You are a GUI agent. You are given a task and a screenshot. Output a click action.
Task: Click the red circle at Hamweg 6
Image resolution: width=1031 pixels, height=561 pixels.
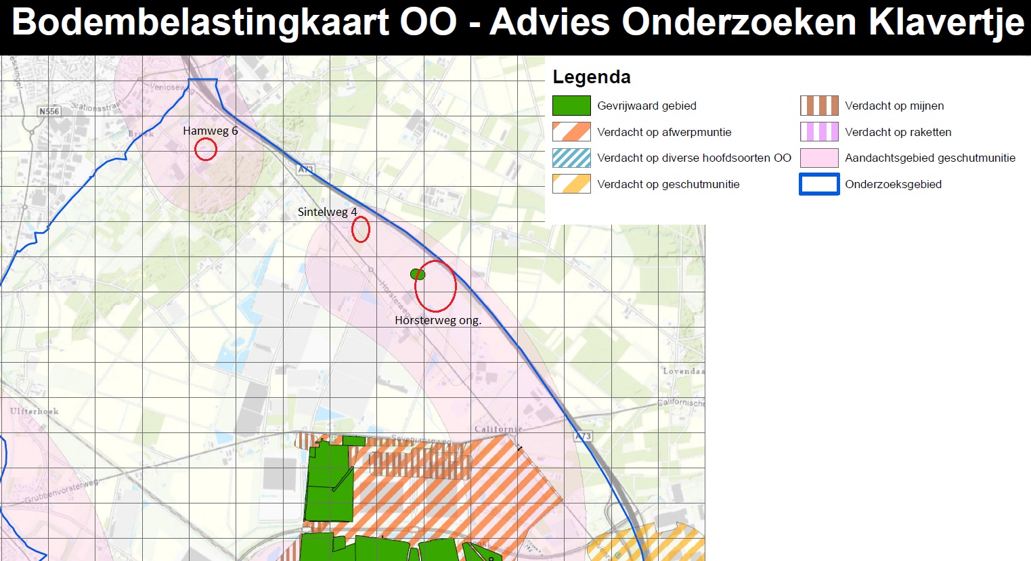206,149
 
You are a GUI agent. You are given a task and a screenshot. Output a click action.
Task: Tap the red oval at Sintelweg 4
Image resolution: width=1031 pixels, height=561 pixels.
361,229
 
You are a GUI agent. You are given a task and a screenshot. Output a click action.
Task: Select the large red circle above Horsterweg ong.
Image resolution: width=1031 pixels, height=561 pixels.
435,286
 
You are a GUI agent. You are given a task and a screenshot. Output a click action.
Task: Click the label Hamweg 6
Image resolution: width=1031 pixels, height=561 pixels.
210,131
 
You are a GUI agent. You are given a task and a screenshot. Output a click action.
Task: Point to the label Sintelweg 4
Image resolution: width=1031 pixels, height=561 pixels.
327,212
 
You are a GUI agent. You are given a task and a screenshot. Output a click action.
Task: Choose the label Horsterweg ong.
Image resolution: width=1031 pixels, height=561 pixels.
438,320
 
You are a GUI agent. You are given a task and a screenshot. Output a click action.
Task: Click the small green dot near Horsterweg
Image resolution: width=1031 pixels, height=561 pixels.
417,274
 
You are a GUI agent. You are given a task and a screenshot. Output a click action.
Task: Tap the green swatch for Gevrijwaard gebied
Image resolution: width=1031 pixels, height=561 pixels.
571,106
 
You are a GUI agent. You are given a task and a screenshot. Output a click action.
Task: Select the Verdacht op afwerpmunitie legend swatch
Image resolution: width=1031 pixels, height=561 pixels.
571,131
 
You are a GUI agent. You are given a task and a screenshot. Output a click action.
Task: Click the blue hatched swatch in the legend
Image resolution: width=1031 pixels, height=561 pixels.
571,158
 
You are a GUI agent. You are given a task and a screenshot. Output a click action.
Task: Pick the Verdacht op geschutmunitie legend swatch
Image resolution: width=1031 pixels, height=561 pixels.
571,184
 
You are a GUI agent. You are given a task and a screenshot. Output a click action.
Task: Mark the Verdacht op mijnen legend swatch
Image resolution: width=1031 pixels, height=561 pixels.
819,106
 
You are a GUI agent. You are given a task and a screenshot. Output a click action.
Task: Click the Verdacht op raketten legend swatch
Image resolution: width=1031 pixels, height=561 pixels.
819,131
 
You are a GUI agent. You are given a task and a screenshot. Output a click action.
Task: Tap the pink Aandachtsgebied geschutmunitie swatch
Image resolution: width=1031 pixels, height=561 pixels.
819,158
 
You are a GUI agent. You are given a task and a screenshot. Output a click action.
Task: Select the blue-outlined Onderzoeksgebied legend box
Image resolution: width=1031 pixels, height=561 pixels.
819,184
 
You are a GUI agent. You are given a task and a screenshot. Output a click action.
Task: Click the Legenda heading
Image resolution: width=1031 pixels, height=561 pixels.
592,77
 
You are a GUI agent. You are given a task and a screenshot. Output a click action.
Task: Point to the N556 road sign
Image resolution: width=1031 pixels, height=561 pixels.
49,111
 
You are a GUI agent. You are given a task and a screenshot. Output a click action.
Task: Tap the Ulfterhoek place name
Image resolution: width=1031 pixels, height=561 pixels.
35,411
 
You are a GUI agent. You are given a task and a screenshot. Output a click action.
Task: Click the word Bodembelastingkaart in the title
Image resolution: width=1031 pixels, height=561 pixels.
200,22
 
